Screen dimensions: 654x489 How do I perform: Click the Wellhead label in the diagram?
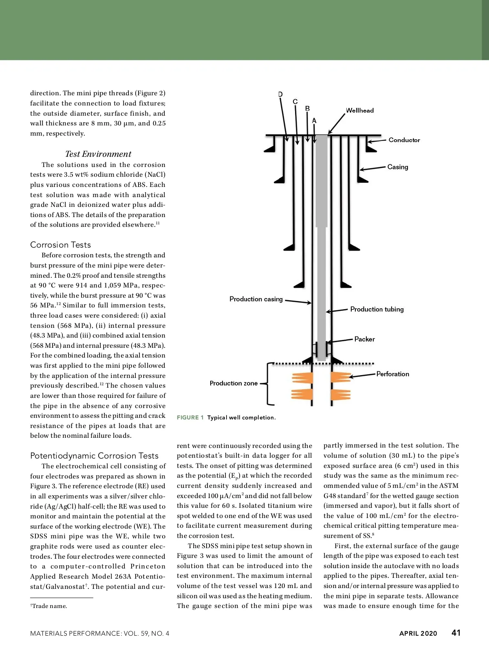(359, 110)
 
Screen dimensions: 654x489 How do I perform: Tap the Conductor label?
(404, 140)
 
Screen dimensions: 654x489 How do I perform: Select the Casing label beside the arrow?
(397, 167)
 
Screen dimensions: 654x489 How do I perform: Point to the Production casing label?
(256, 299)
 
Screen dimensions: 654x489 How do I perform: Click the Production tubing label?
(377, 309)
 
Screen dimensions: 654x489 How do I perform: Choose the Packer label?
(364, 339)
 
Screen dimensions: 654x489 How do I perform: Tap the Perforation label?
(392, 374)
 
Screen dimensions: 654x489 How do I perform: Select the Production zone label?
(233, 383)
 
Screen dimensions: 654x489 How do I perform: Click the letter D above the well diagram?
(280, 94)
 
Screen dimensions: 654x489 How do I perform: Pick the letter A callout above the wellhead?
(314, 121)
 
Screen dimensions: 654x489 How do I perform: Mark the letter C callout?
(295, 102)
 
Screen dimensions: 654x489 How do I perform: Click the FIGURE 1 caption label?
(190, 417)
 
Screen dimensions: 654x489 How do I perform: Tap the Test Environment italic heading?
(98, 154)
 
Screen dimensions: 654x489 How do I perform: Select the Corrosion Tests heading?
(60, 245)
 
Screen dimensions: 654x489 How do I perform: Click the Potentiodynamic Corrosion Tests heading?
(94, 456)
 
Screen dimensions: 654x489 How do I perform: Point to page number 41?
(456, 633)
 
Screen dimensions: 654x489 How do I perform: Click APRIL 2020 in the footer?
(418, 633)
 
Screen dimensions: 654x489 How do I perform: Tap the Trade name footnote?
(49, 606)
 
